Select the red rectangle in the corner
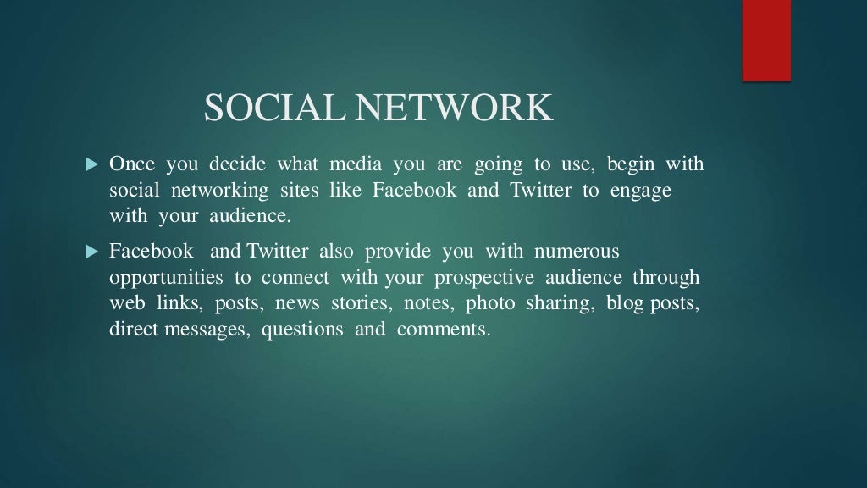tap(766, 40)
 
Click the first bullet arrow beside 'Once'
tap(93, 164)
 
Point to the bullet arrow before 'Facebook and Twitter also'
tap(93, 252)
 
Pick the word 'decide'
tap(239, 164)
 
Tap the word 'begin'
tap(630, 164)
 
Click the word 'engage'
tap(641, 191)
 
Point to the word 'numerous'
tap(577, 252)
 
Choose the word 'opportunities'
tap(167, 279)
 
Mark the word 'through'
tap(665, 278)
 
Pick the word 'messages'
tap(210, 330)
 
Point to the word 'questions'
tap(302, 330)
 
